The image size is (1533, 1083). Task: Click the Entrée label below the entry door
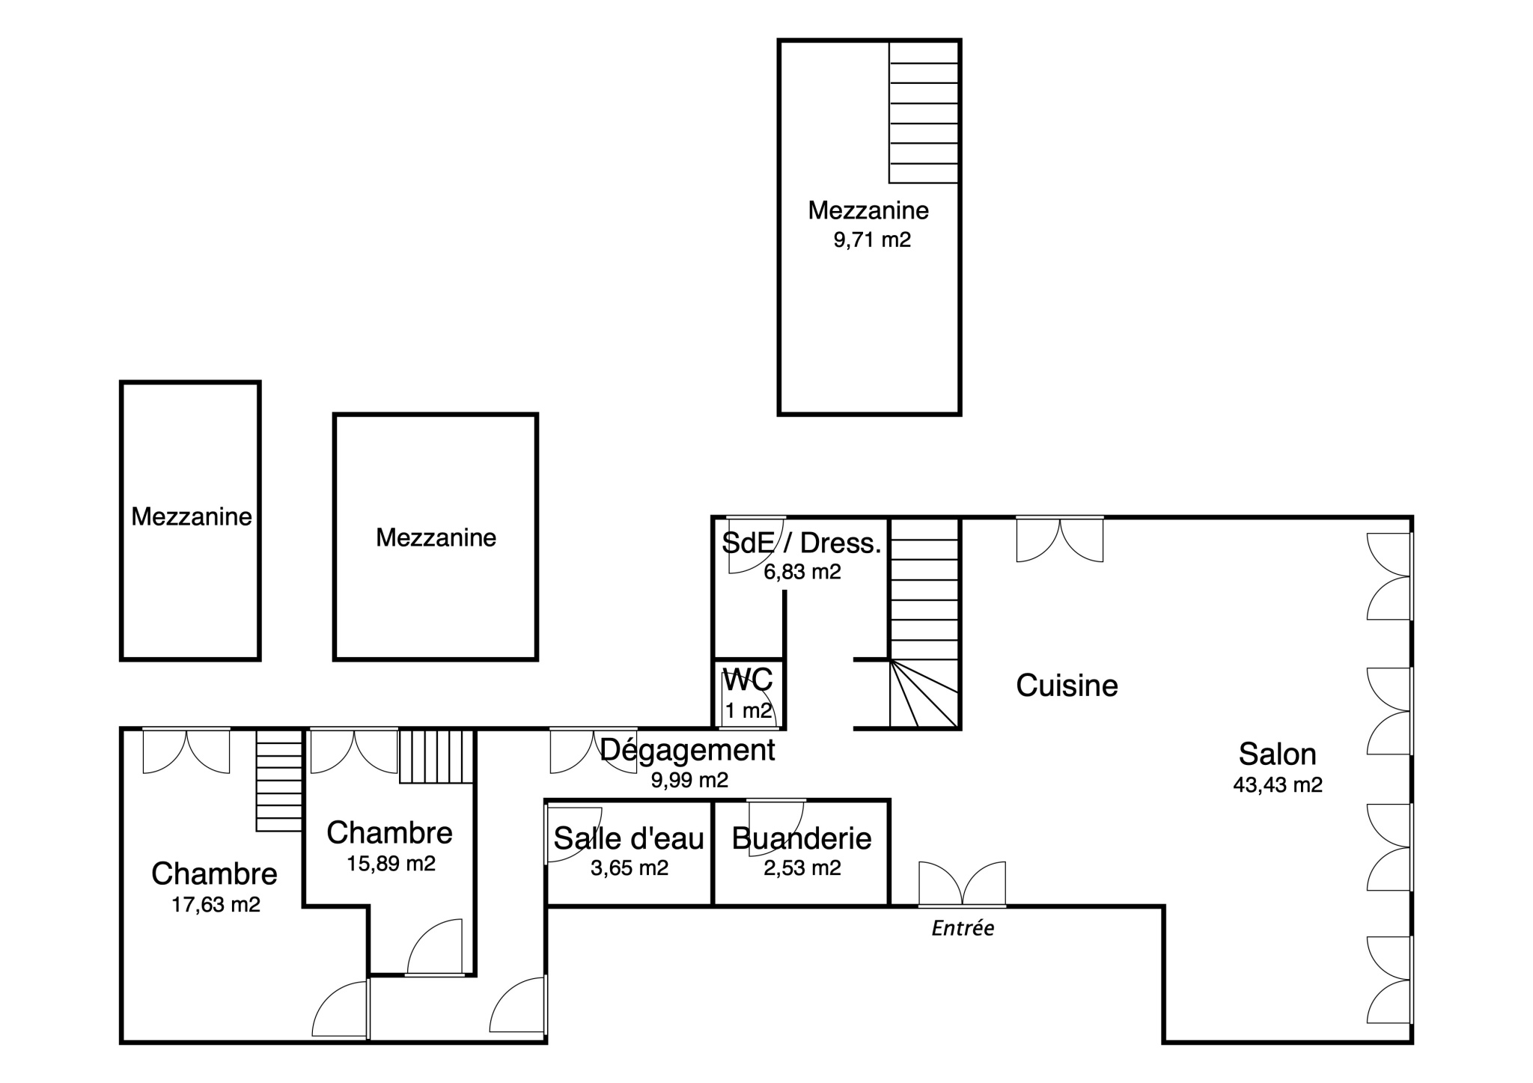tap(963, 928)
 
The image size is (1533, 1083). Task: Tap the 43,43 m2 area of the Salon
tap(1278, 785)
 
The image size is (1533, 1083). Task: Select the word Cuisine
tap(1067, 686)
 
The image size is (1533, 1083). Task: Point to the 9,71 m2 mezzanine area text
tap(872, 240)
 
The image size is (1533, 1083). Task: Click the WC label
tap(748, 680)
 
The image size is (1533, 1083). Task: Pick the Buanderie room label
tap(802, 839)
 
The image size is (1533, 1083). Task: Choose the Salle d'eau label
tap(629, 839)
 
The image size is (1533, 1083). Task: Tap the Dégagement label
tap(688, 750)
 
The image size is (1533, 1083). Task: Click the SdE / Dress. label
tap(802, 543)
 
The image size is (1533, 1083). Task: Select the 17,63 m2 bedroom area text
tap(216, 905)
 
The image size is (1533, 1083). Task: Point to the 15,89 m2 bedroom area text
tap(391, 864)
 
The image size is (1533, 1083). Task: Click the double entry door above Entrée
tap(963, 884)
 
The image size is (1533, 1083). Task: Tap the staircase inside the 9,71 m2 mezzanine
tap(924, 112)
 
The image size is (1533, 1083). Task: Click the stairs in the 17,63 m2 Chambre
tap(279, 781)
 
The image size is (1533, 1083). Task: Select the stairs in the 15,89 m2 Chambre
tap(436, 757)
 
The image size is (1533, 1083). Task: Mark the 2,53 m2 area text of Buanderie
tap(802, 868)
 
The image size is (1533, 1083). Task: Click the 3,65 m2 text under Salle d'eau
tap(629, 868)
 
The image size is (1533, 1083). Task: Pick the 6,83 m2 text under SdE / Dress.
tap(802, 573)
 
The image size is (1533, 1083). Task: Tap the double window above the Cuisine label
tap(1060, 538)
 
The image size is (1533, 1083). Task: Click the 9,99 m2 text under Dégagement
tap(689, 781)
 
